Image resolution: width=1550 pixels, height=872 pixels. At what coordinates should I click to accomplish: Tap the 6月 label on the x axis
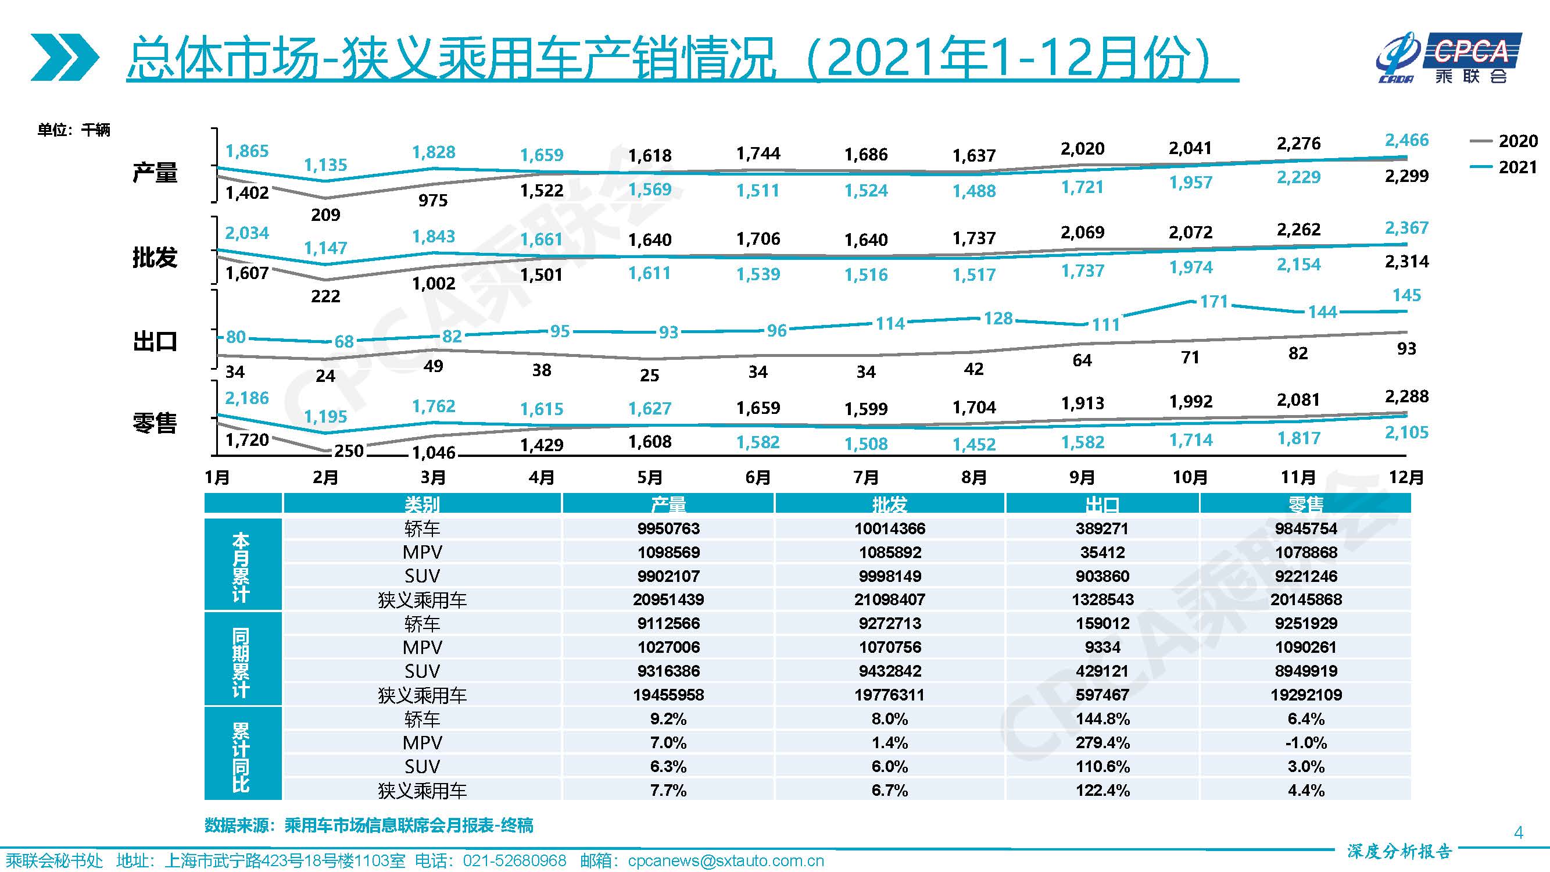757,478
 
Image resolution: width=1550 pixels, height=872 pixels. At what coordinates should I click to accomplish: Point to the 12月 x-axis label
1406,478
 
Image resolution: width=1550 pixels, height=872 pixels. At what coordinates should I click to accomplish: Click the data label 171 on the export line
1213,301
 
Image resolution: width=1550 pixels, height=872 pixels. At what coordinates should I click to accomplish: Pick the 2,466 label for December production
1406,140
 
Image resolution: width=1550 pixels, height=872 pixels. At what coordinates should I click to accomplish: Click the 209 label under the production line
325,215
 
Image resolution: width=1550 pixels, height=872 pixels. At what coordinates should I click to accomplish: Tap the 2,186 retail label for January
246,398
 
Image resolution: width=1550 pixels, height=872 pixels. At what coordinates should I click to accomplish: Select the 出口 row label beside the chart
155,342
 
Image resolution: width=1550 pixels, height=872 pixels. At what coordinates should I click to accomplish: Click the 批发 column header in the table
889,504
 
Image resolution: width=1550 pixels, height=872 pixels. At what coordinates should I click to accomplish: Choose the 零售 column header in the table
1305,504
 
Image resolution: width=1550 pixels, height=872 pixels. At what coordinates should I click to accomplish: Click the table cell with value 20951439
668,599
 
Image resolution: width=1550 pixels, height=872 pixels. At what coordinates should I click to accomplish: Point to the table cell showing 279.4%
1102,742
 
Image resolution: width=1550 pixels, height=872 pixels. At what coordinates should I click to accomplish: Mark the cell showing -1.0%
1305,742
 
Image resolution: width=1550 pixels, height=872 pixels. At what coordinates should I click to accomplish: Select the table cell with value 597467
1102,695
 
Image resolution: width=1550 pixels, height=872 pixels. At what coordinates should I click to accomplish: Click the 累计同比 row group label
241,755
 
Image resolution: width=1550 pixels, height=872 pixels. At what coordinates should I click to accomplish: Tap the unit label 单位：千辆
73,130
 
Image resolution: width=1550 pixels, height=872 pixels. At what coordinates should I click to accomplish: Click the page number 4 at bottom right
1517,832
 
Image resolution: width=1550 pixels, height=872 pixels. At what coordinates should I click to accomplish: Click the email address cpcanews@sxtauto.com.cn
725,861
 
